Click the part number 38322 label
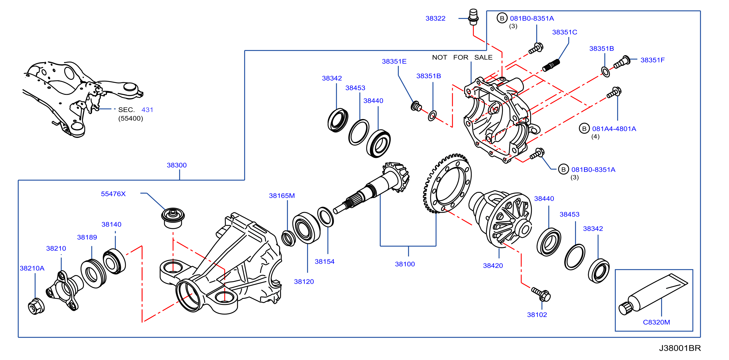(x=435, y=18)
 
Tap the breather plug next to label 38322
(x=473, y=17)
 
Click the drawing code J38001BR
(x=680, y=348)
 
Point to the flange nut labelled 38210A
(x=36, y=306)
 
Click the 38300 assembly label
(x=177, y=165)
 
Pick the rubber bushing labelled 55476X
(x=173, y=218)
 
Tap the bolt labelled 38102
(x=541, y=294)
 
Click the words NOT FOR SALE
(x=462, y=57)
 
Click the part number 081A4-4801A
(x=614, y=129)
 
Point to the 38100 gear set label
(x=405, y=264)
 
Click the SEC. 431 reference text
(x=136, y=110)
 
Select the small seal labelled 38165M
(x=288, y=238)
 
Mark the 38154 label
(x=324, y=262)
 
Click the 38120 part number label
(x=304, y=282)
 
